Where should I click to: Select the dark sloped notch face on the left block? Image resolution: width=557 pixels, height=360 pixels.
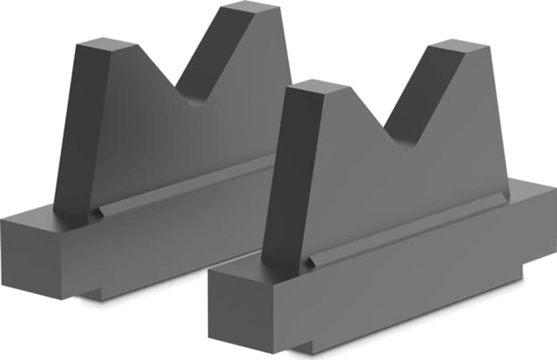tap(212, 56)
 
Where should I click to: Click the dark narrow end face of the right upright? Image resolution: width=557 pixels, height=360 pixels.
tap(293, 175)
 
